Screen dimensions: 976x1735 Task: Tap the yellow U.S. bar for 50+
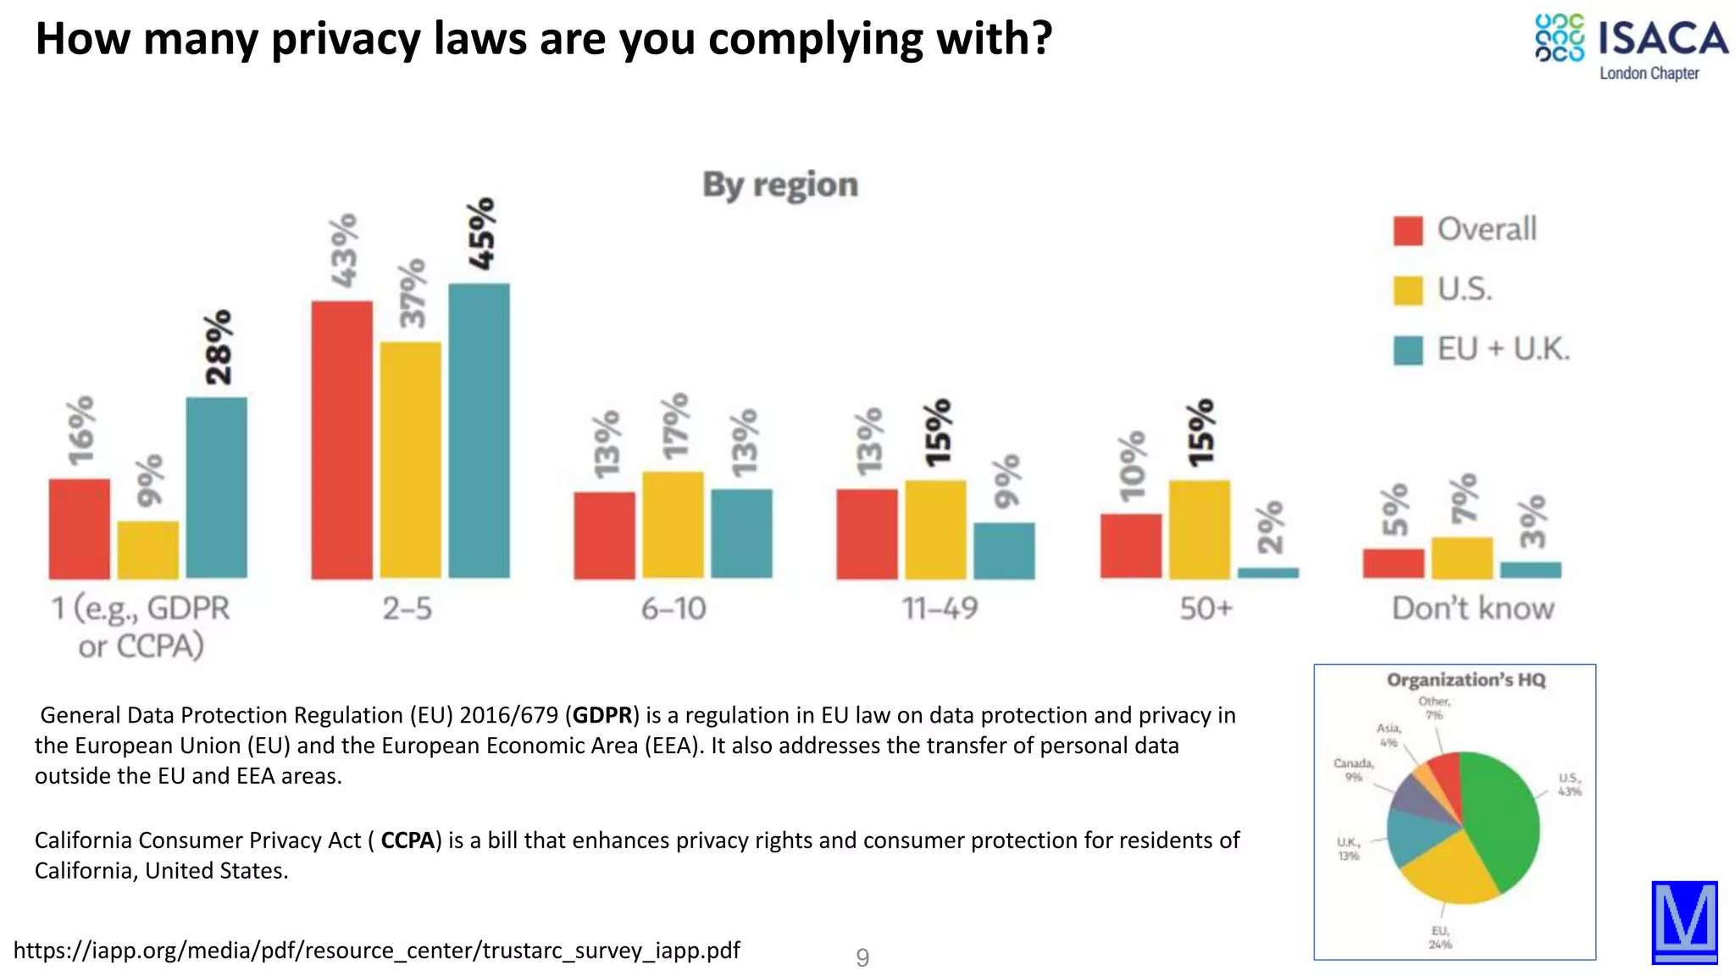pyautogui.click(x=1200, y=529)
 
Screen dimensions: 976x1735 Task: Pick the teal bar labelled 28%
pyautogui.click(x=217, y=487)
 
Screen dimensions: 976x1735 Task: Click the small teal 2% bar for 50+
pyautogui.click(x=1268, y=573)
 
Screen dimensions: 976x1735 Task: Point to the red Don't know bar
pyautogui.click(x=1394, y=563)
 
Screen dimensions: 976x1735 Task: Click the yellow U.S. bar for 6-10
pyautogui.click(x=673, y=524)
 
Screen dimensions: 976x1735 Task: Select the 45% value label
pyautogui.click(x=481, y=234)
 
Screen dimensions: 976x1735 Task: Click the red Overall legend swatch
pyautogui.click(x=1408, y=230)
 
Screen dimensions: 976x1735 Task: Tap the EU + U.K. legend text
pyautogui.click(x=1504, y=349)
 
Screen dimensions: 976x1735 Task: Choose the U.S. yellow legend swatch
pyautogui.click(x=1408, y=291)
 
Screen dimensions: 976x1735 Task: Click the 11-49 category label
pyautogui.click(x=940, y=608)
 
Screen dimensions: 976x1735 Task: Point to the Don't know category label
pyautogui.click(x=1473, y=608)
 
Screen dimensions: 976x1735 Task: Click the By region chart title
pyautogui.click(x=780, y=185)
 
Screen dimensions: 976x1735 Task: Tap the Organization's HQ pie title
pyautogui.click(x=1466, y=680)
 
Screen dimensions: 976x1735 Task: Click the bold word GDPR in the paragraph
pyautogui.click(x=602, y=715)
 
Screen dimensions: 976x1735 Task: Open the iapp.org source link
pyautogui.click(x=377, y=951)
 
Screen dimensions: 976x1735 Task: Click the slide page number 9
pyautogui.click(x=862, y=957)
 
